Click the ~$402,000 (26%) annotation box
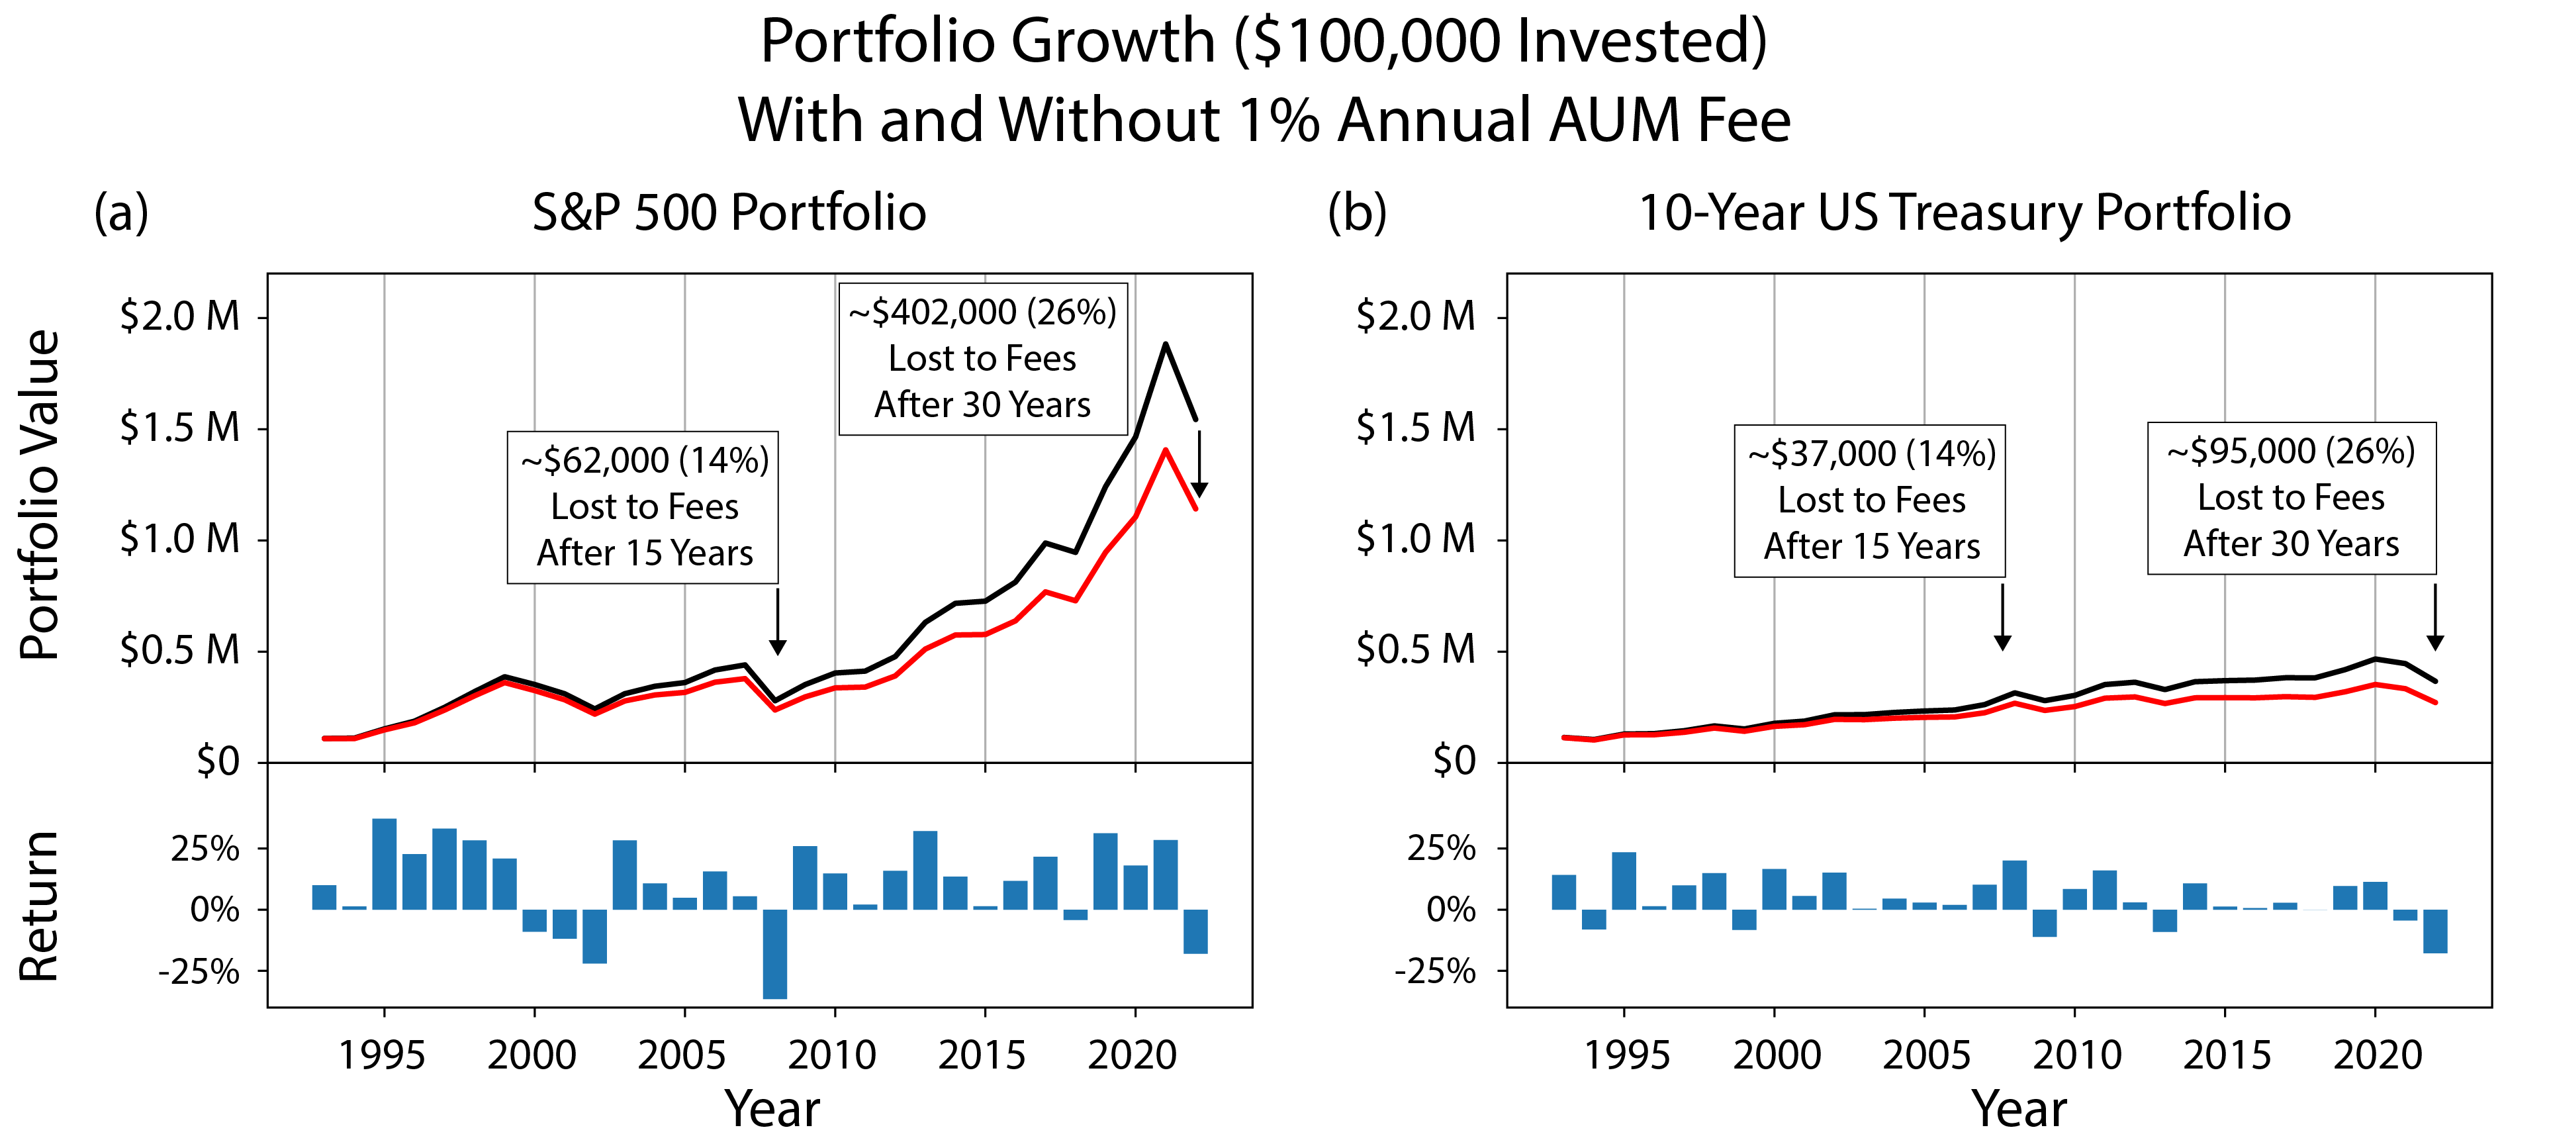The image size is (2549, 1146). point(982,358)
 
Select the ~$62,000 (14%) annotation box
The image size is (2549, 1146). point(643,506)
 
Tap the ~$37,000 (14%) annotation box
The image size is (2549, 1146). point(1870,501)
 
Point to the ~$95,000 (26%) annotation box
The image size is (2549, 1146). point(2291,498)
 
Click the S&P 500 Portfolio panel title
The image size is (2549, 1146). point(729,213)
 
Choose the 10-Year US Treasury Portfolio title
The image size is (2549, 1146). point(1964,213)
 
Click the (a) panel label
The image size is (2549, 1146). point(120,213)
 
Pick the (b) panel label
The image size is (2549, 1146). point(1357,213)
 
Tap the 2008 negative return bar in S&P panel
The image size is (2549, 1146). point(775,953)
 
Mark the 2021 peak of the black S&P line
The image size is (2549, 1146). point(1166,344)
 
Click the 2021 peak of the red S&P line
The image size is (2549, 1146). point(1166,450)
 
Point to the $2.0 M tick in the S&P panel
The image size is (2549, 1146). point(180,316)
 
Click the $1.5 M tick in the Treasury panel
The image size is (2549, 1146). point(1416,428)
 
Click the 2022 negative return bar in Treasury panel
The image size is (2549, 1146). point(2435,931)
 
